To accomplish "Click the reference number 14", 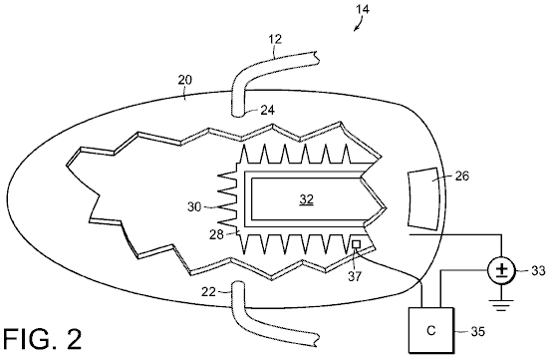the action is pyautogui.click(x=363, y=9).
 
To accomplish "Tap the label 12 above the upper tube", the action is pyautogui.click(x=276, y=39).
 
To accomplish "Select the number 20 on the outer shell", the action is pyautogui.click(x=185, y=80).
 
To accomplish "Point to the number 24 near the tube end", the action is pyautogui.click(x=267, y=111).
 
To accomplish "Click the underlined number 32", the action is pyautogui.click(x=306, y=199).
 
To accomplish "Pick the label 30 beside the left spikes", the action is pyautogui.click(x=194, y=206).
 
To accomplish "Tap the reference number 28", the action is pyautogui.click(x=216, y=234).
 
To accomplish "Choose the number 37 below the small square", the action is pyautogui.click(x=355, y=276).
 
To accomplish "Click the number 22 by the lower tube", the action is pyautogui.click(x=208, y=291).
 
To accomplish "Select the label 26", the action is pyautogui.click(x=461, y=176).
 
